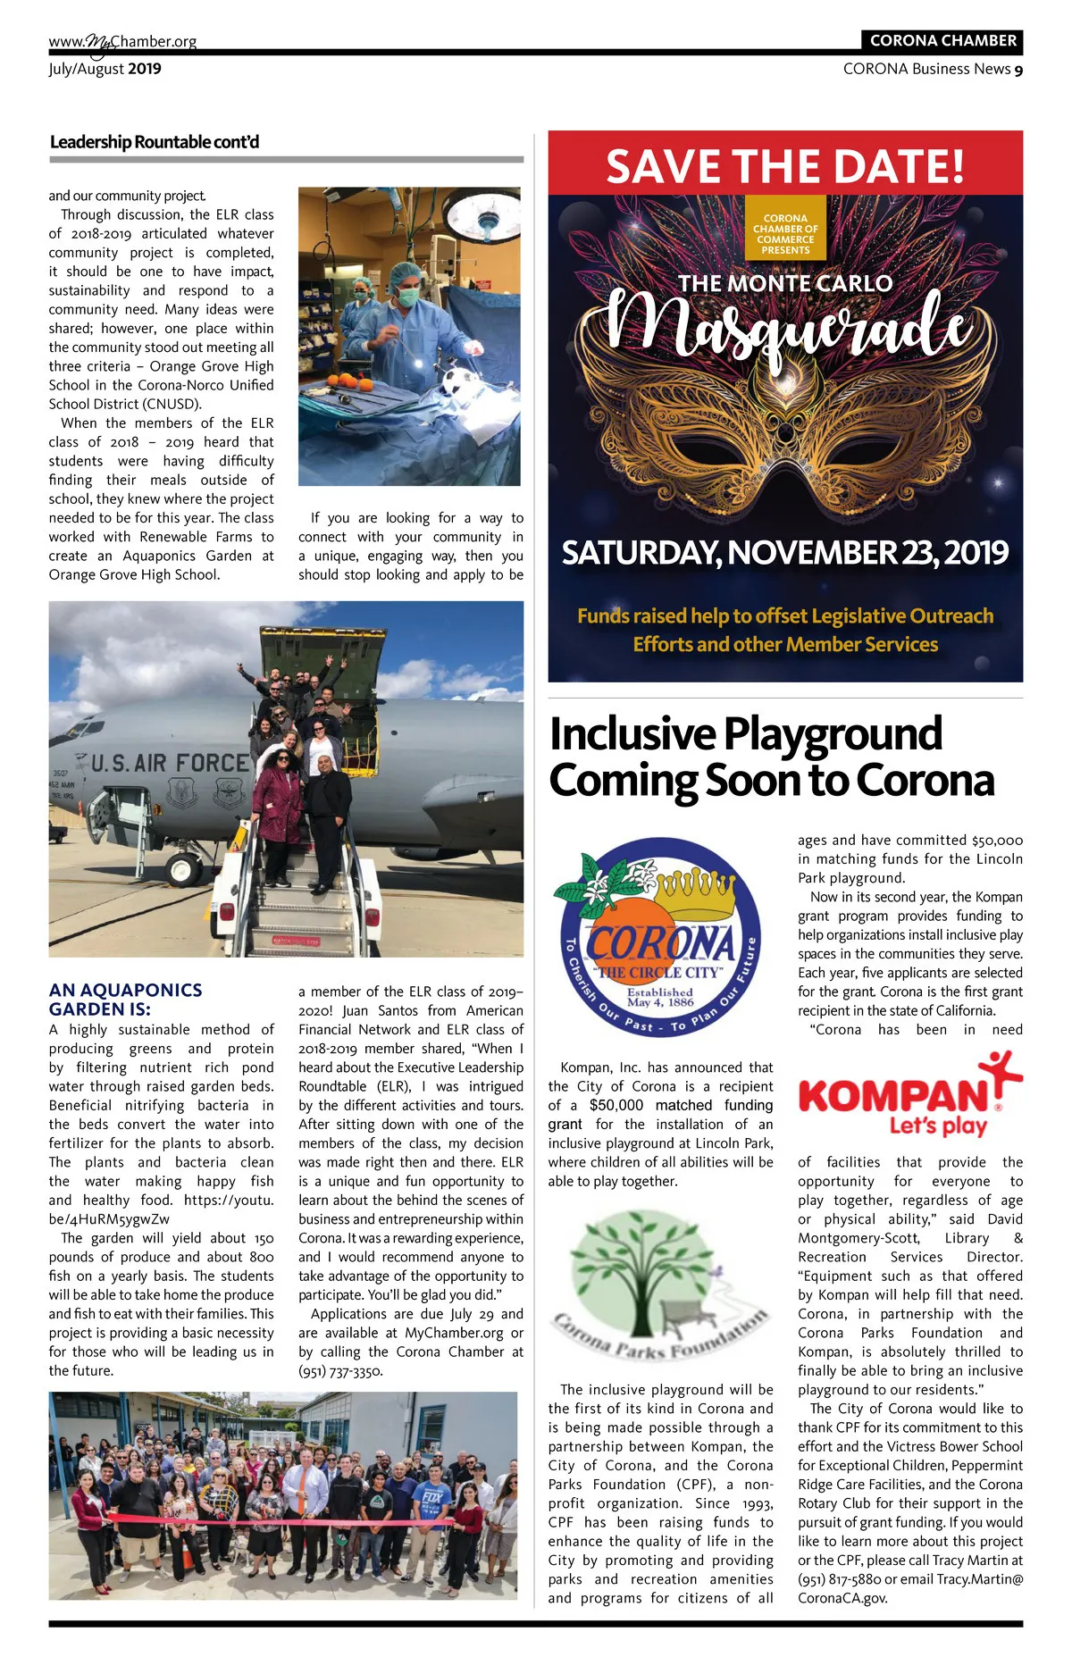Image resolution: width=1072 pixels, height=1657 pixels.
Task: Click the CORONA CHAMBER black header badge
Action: (x=942, y=40)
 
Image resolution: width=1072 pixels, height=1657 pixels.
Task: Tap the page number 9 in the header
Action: (x=1018, y=70)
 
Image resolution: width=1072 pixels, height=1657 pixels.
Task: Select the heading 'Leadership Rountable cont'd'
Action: (x=155, y=142)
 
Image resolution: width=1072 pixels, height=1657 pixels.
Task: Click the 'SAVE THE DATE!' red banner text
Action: (x=785, y=165)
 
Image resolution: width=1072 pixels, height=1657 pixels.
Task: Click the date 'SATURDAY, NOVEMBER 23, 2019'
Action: (x=784, y=553)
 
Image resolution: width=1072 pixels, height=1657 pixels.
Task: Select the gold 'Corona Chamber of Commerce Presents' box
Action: (x=785, y=234)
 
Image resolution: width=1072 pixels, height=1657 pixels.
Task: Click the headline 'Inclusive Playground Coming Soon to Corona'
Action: (x=771, y=757)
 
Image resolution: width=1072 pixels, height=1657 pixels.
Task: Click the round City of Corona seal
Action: (x=660, y=937)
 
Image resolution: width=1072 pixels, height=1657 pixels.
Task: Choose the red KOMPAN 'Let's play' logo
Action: (x=909, y=1097)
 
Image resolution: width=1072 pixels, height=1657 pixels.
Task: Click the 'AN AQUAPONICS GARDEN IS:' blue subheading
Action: (x=125, y=1000)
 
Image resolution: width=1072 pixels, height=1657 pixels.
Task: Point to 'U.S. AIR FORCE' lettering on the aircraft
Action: (x=171, y=763)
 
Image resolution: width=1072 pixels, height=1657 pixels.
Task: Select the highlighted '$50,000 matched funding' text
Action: (x=681, y=1105)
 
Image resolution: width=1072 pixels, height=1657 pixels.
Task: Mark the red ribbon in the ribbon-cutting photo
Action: (x=268, y=1519)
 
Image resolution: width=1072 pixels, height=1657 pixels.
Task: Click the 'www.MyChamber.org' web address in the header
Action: (x=122, y=41)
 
